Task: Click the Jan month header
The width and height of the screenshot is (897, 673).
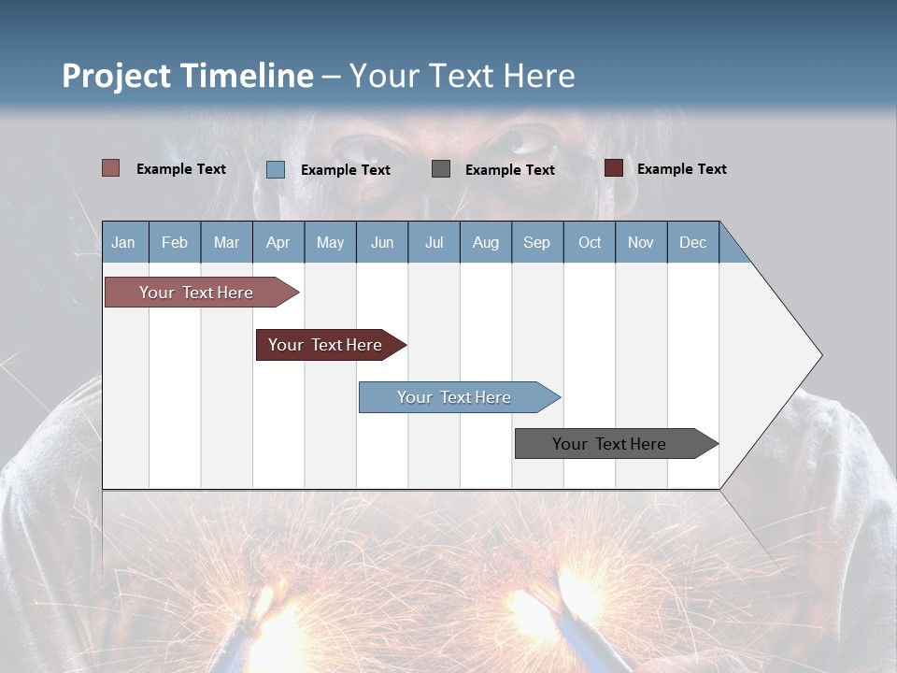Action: point(123,242)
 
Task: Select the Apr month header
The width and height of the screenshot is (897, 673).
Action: point(278,242)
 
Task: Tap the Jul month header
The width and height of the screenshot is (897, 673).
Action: point(434,242)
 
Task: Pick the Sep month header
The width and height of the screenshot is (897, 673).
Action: point(536,242)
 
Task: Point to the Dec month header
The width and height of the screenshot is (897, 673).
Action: point(692,242)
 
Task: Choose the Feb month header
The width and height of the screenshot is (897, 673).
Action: point(175,242)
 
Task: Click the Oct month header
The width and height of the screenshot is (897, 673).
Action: point(590,242)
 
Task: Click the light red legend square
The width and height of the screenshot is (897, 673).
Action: point(111,168)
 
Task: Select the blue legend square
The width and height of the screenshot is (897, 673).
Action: point(276,169)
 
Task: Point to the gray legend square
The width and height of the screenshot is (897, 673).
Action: point(441,169)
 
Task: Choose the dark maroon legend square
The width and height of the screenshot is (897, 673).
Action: point(614,168)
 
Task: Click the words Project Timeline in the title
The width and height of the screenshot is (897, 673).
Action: point(187,76)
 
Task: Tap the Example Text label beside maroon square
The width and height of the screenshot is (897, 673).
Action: point(681,169)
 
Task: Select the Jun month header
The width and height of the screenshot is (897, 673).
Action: point(382,242)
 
